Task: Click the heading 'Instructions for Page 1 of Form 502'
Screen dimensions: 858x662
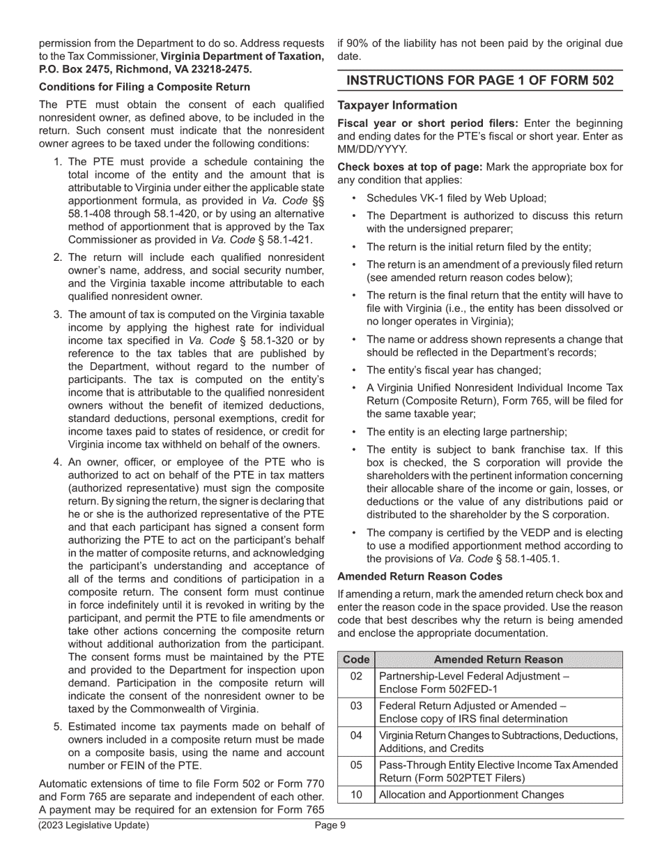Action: coord(480,81)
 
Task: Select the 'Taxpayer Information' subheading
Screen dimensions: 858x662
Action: coord(397,105)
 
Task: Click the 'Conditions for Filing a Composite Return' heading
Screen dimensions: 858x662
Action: coord(144,87)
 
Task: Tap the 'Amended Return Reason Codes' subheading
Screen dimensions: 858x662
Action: coord(419,577)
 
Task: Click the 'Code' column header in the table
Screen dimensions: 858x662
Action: coord(356,659)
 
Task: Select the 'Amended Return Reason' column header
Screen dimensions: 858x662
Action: coord(498,659)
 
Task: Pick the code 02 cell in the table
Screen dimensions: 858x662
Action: coord(356,676)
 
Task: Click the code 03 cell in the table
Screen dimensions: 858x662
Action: coord(356,705)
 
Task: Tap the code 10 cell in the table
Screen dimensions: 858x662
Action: coord(356,794)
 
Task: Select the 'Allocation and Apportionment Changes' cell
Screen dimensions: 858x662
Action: coord(471,794)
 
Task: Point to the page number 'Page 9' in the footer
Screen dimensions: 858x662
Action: coord(330,826)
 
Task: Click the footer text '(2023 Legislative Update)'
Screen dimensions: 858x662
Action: coord(93,826)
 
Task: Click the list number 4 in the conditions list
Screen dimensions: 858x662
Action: coord(58,462)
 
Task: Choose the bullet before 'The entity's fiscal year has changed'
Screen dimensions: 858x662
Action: coord(353,370)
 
